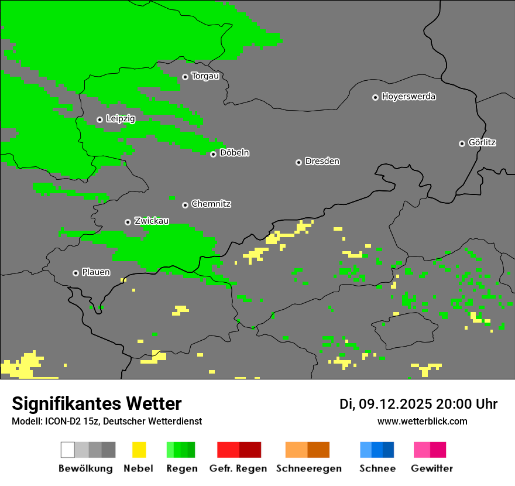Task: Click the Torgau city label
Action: pyautogui.click(x=205, y=76)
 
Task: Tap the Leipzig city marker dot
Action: pyautogui.click(x=99, y=119)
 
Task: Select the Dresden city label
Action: pyautogui.click(x=322, y=161)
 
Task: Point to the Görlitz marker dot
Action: pyautogui.click(x=462, y=143)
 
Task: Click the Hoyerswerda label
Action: pyautogui.click(x=408, y=97)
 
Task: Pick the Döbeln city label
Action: pyautogui.click(x=234, y=153)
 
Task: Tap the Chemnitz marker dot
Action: pyautogui.click(x=185, y=205)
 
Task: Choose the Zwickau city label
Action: pyautogui.click(x=152, y=221)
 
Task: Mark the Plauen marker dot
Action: pyautogui.click(x=75, y=273)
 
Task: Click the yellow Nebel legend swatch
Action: pyautogui.click(x=139, y=450)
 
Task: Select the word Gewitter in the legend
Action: pyautogui.click(x=432, y=468)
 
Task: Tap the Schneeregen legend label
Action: pyautogui.click(x=309, y=468)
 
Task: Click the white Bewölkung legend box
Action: pyautogui.click(x=68, y=450)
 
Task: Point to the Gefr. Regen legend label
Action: pyautogui.click(x=238, y=468)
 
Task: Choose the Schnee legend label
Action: pyautogui.click(x=377, y=468)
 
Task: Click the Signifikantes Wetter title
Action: pyautogui.click(x=97, y=403)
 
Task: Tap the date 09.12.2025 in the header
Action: pyautogui.click(x=395, y=404)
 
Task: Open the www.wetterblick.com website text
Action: pyautogui.click(x=422, y=421)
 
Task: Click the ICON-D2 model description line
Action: pyautogui.click(x=107, y=421)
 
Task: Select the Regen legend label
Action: pyautogui.click(x=180, y=468)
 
